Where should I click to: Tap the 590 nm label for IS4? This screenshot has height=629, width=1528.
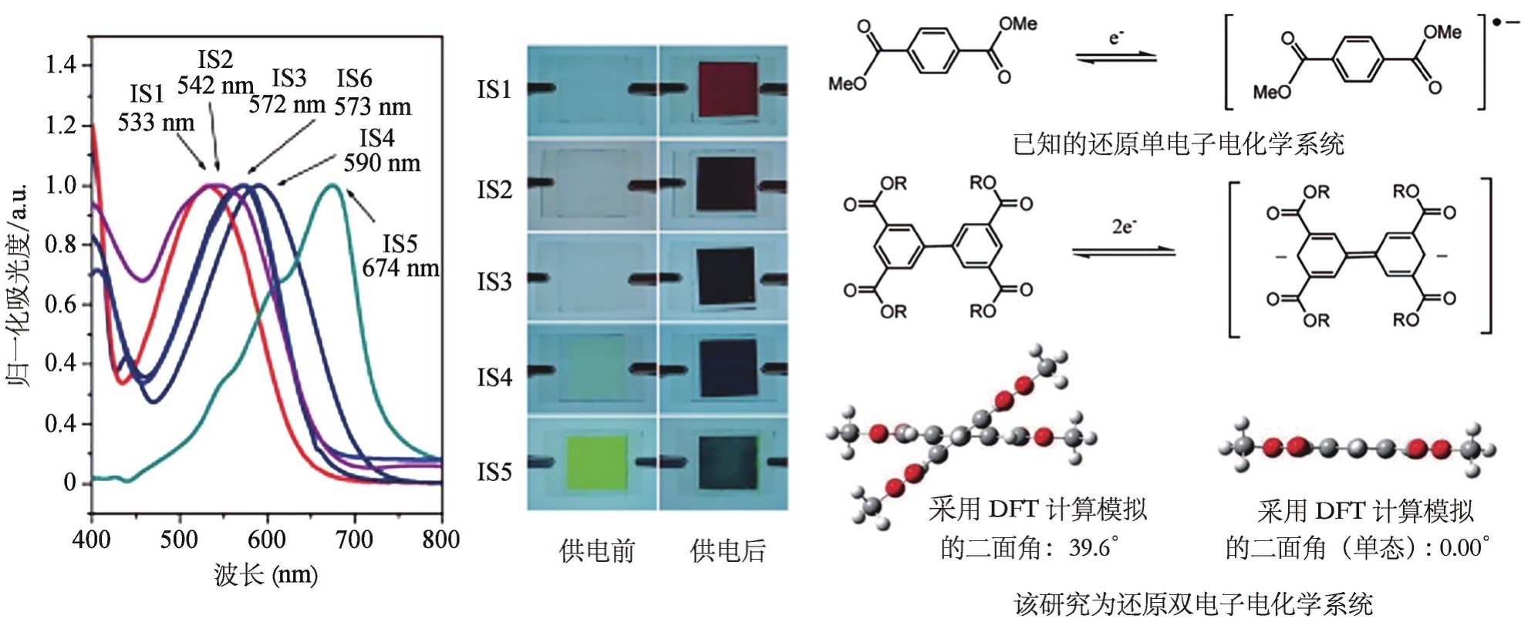(382, 163)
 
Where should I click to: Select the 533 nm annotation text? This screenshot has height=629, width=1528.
(156, 122)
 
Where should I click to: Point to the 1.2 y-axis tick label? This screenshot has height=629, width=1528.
(61, 124)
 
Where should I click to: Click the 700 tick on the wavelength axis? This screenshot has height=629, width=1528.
(354, 539)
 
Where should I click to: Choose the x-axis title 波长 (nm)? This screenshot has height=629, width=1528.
(265, 574)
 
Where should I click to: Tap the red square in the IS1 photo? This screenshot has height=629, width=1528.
(728, 90)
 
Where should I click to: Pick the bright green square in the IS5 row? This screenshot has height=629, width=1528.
(596, 462)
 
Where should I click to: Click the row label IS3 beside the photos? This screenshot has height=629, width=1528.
(494, 281)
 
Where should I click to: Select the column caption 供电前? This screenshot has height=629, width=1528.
(597, 550)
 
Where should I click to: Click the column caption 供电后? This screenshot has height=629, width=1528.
(728, 550)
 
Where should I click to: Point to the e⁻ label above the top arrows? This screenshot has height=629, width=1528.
(1116, 37)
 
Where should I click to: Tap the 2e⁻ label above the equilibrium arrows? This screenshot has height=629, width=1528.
(1124, 227)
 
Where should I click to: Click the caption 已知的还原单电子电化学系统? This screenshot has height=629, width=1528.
(1178, 143)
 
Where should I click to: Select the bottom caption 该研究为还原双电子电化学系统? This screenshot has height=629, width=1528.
(1193, 604)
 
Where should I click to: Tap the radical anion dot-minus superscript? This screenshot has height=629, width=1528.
(1506, 22)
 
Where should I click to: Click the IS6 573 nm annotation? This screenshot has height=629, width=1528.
(373, 92)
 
